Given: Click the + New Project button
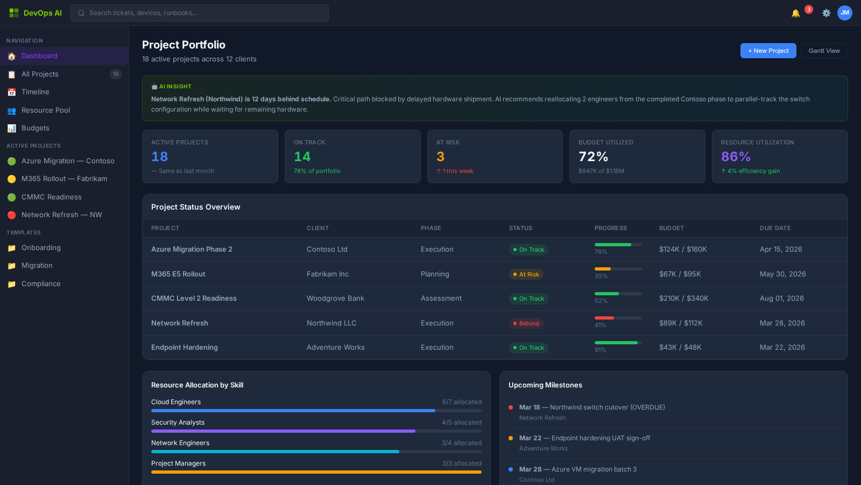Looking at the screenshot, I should (768, 51).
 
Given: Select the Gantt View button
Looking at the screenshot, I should (824, 51).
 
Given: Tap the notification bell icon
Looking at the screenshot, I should (795, 13).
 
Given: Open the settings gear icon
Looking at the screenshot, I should (826, 13).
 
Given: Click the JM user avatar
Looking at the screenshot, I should (844, 13).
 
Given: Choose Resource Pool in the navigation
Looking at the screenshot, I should (46, 110).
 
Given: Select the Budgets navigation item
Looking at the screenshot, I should (36, 128).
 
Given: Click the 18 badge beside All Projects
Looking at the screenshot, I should (116, 74).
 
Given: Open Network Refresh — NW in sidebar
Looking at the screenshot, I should (61, 215).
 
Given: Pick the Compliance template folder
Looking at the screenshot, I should (41, 284).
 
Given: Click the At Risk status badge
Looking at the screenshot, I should (526, 274).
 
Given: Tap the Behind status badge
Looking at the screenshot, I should (526, 323).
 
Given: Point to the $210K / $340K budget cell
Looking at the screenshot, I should (683, 299).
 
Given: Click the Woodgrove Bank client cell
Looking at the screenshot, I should (335, 299).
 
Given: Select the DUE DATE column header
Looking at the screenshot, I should (775, 228).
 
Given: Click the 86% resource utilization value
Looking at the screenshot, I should (736, 157).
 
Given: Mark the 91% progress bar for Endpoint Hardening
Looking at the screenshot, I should (618, 343).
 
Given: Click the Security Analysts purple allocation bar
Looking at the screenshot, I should (283, 431).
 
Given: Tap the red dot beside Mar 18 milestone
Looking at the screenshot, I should (511, 407).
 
